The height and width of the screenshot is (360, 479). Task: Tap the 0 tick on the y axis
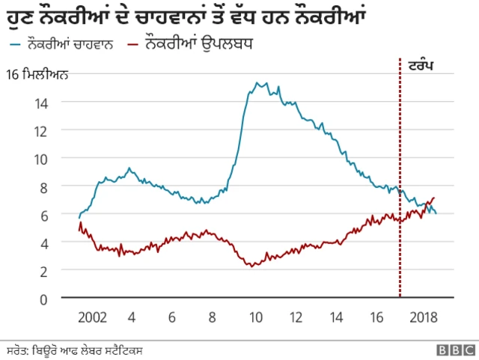coord(44,299)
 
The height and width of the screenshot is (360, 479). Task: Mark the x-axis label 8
coord(213,317)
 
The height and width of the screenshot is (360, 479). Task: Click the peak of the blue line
coord(257,82)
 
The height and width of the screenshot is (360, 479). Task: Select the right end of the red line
coord(434,198)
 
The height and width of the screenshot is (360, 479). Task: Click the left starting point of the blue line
coord(79,217)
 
